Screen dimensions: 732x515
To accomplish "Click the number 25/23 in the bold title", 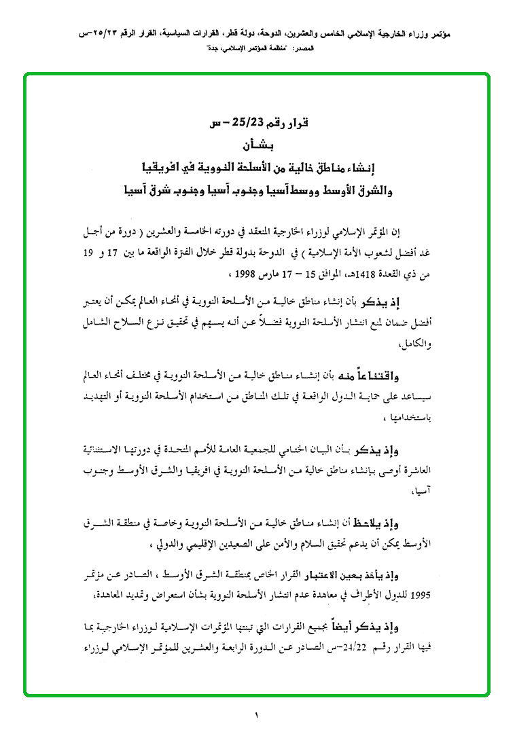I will coord(242,123).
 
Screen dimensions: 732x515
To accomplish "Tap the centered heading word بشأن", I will coord(257,145).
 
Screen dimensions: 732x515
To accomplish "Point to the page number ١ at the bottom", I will coord(257,714).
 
